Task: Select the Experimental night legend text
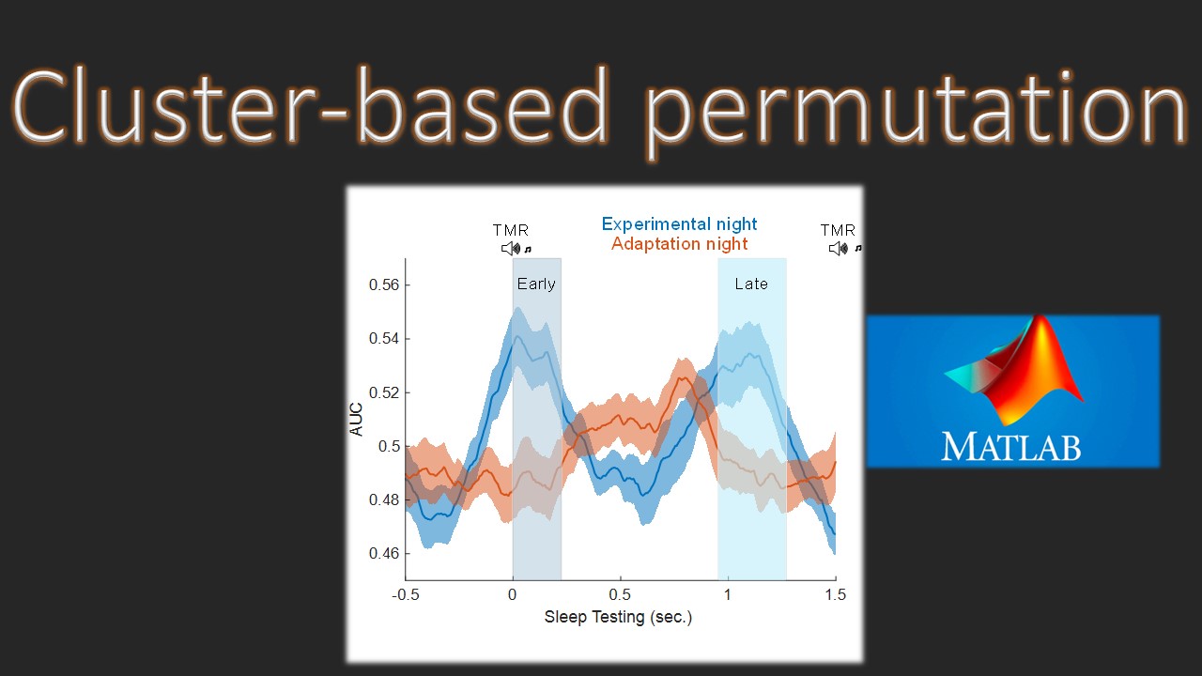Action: [679, 224]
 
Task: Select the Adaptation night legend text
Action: [679, 244]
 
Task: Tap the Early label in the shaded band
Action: [536, 284]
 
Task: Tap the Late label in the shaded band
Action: [751, 284]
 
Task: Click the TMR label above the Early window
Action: [511, 230]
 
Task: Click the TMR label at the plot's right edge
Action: [838, 230]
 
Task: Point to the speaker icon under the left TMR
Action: [510, 249]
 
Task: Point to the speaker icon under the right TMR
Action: [838, 249]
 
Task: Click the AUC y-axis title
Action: [357, 419]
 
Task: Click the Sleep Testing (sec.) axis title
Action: [618, 617]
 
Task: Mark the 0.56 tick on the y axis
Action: [387, 285]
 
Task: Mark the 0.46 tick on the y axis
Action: [387, 554]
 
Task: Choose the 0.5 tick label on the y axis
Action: [390, 446]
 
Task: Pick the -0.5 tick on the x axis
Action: [406, 594]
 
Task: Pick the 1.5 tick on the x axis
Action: [834, 594]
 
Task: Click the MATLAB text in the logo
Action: [1011, 446]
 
